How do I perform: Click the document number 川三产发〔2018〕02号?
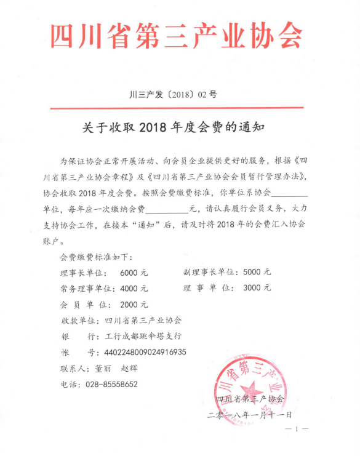(174, 95)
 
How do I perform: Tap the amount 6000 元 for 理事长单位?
(134, 272)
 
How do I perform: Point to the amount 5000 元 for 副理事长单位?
(257, 272)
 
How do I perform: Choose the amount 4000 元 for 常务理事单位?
(134, 288)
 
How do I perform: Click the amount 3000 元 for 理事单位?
(257, 288)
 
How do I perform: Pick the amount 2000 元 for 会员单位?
(134, 304)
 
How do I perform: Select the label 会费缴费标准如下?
(96, 256)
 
